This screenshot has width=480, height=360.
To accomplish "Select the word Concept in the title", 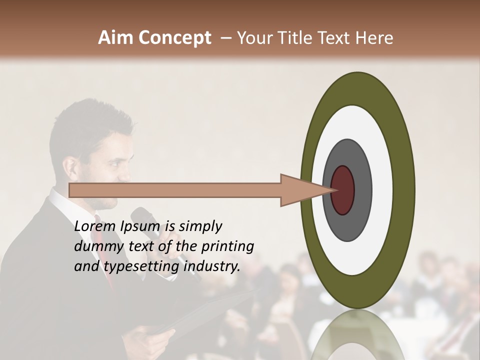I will [x=174, y=37].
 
